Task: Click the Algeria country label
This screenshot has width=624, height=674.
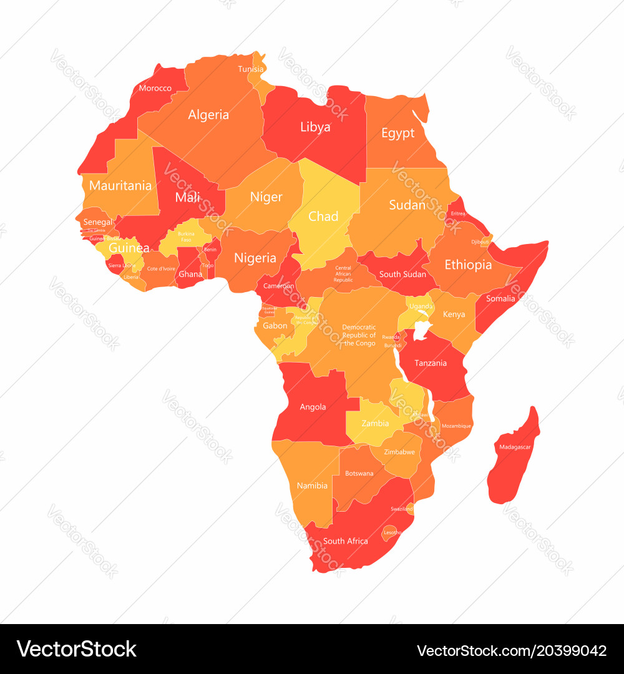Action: coord(208,115)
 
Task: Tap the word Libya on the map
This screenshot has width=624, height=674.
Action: coord(315,127)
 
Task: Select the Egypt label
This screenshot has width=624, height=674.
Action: coord(397,133)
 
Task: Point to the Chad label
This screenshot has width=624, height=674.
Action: coord(323,217)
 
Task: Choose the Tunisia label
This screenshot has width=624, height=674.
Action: coord(250,69)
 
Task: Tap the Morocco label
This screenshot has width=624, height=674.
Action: coord(155,88)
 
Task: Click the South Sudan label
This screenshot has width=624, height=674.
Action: coord(402,274)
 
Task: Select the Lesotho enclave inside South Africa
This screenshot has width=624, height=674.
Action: coord(392,532)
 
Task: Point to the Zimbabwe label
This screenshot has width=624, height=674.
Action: coord(399,452)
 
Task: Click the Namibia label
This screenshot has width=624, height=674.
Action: coord(312,486)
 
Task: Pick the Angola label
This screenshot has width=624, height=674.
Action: coord(313,407)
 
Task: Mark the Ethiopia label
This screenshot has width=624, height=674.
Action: coord(468,265)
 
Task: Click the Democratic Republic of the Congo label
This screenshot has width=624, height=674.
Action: coord(359,335)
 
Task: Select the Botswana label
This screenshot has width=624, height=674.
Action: coord(359,473)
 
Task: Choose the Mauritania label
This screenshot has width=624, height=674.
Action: coord(120,185)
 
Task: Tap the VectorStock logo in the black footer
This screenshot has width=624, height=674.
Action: coord(77,649)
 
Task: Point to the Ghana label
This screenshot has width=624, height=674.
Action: coord(190,274)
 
